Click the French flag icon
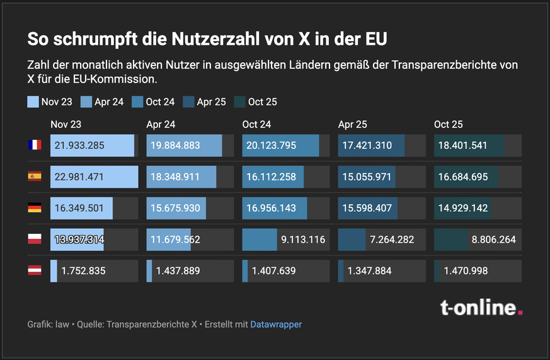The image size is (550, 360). [x=34, y=145]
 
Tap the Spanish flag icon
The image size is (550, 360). [x=34, y=177]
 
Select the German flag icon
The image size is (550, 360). [x=34, y=208]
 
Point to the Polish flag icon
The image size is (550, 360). [x=34, y=240]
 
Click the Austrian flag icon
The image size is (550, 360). [x=34, y=271]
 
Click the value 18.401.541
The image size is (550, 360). [x=463, y=146]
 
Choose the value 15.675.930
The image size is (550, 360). [x=175, y=209]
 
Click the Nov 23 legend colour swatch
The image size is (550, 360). [x=33, y=102]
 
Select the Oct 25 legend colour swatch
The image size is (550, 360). [x=239, y=102]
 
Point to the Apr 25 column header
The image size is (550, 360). [x=352, y=125]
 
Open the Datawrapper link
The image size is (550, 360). [x=276, y=325]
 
